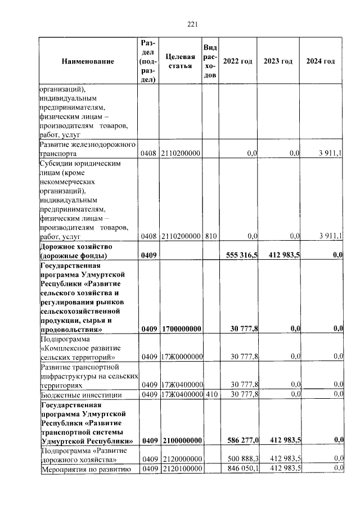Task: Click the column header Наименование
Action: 88,61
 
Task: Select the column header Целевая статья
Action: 181,61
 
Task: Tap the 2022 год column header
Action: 237,61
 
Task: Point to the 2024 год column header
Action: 320,61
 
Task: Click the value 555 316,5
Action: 242,255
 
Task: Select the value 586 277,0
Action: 242,440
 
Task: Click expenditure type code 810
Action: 209,236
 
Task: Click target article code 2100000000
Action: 181,440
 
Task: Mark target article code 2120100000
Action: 181,468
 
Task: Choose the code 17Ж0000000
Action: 181,357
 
